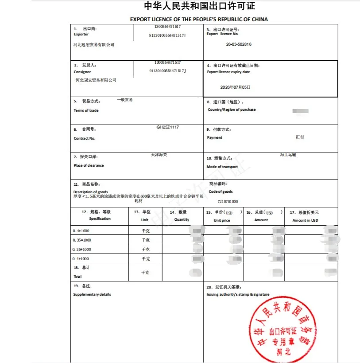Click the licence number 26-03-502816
[239, 44]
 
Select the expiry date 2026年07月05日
[235, 87]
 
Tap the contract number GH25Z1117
[168, 127]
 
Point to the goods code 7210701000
[228, 202]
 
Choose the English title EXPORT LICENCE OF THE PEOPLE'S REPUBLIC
[199, 20]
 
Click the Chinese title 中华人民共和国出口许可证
[200, 6]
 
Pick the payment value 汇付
[300, 137]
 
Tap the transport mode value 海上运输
[288, 155]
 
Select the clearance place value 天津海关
[159, 155]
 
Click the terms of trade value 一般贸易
[125, 100]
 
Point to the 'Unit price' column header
[222, 220]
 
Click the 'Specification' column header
[100, 219]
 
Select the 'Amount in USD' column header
[305, 220]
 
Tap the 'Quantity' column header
[182, 219]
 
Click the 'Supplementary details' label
[92, 294]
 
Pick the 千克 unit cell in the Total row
[145, 273]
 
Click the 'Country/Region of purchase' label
[232, 109]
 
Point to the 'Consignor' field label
[82, 72]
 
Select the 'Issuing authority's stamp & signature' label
[238, 294]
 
